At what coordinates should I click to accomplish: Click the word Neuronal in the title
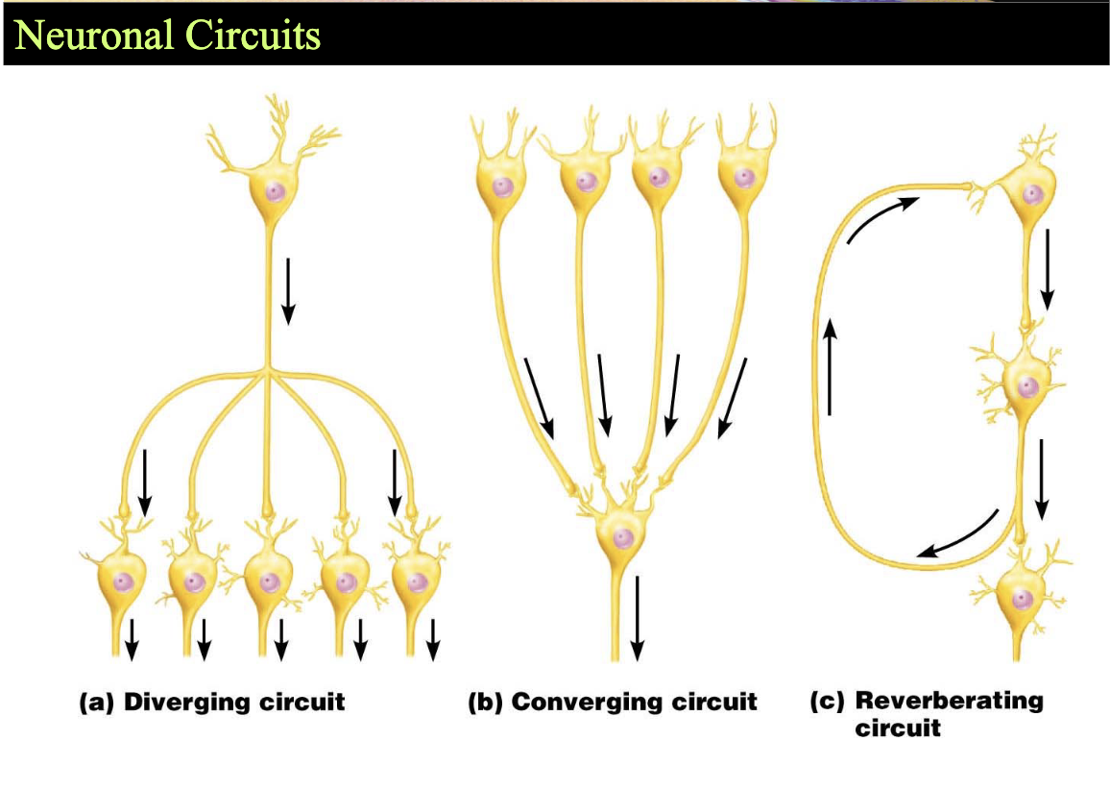(93, 35)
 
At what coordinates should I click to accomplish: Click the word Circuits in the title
(253, 35)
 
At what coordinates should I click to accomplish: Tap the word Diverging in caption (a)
(187, 703)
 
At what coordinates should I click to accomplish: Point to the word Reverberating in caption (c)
(950, 701)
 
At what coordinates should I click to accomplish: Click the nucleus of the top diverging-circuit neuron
(275, 192)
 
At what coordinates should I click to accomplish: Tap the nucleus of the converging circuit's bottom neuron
(622, 538)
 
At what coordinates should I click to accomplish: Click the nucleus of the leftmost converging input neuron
(502, 187)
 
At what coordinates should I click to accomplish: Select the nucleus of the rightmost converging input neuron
(743, 177)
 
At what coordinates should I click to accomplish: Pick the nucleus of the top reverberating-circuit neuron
(1031, 193)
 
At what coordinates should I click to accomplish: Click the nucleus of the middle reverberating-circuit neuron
(1027, 387)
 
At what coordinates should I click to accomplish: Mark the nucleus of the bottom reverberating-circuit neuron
(1021, 600)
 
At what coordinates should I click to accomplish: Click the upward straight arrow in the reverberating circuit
(831, 366)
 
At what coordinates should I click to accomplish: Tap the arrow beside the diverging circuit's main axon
(288, 291)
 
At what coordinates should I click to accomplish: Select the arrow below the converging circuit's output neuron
(638, 618)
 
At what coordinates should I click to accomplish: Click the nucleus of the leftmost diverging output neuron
(124, 581)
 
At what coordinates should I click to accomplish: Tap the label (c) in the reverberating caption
(827, 702)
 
